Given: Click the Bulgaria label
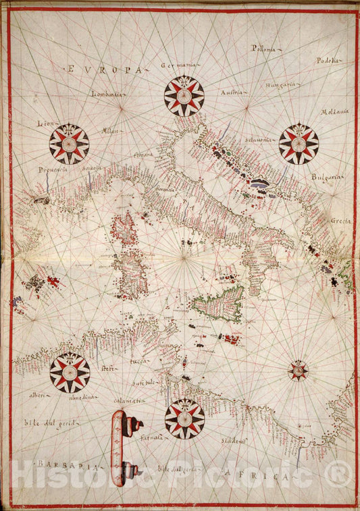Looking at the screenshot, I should click(x=328, y=178).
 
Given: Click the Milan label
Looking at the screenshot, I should click(x=110, y=130).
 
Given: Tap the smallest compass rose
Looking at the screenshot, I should click(x=298, y=369).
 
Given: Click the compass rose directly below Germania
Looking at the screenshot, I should click(x=184, y=96).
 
